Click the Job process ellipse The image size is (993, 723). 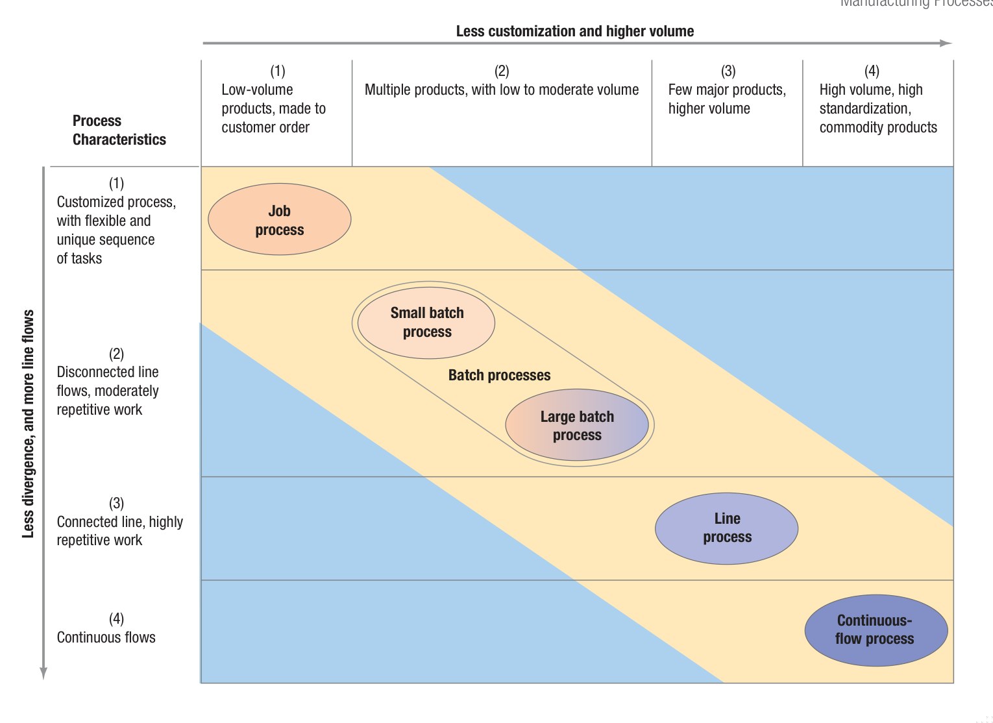click(279, 220)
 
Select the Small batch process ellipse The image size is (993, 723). click(426, 323)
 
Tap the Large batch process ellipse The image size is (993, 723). click(577, 426)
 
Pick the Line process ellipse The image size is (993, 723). click(726, 528)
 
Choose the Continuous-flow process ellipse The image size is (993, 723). click(876, 630)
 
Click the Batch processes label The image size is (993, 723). click(499, 375)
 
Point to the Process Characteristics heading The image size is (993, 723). click(119, 130)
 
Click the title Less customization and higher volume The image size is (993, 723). click(574, 31)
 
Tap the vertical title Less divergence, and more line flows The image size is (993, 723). click(28, 423)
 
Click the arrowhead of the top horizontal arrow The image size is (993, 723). click(946, 43)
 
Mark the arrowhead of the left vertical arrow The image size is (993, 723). click(43, 673)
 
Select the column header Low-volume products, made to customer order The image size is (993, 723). click(273, 108)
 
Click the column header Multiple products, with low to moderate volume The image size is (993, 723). click(501, 90)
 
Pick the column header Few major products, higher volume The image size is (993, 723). click(726, 99)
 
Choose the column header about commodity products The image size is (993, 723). click(877, 108)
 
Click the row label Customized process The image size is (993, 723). click(116, 230)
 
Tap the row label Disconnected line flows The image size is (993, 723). click(108, 391)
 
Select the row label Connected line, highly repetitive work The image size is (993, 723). click(119, 531)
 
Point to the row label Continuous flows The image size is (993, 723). click(106, 637)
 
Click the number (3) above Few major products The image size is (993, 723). click(728, 71)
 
